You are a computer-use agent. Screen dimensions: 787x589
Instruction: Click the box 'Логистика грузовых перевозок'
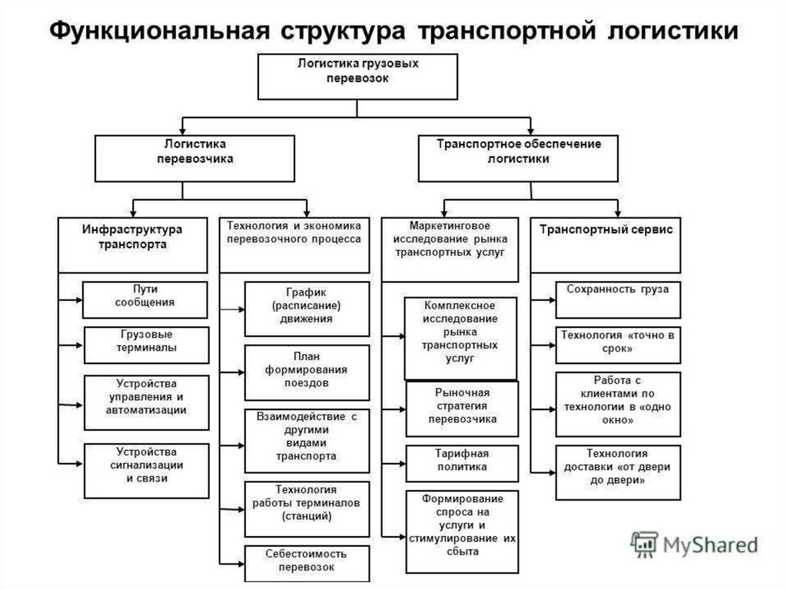357,77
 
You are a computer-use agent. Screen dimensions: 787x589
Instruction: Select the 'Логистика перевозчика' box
194,158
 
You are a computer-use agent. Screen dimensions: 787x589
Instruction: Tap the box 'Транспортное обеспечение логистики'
518,158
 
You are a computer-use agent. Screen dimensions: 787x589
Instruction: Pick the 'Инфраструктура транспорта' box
132,245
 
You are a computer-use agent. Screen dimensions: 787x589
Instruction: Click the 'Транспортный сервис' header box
606,245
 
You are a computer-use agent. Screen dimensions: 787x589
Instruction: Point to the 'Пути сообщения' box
144,299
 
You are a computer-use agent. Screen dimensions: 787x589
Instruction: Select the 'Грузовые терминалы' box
146,345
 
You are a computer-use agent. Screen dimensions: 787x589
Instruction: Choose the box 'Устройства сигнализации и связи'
146,471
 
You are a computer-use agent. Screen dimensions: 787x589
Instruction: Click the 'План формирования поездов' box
307,372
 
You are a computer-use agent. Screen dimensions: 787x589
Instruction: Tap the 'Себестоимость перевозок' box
307,564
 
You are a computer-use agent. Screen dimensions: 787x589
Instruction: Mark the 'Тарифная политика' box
462,464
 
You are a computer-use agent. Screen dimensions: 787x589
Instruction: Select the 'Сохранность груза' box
618,299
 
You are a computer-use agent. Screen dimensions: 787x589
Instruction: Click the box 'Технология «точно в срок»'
618,345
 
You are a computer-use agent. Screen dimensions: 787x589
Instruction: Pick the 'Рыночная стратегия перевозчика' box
462,409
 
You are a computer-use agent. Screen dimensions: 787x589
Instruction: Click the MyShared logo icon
645,544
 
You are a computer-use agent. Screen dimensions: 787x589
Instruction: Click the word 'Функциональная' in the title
159,30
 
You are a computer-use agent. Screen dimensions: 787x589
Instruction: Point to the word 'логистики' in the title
673,30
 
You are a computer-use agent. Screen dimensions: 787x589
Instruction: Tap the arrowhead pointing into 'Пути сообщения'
79,300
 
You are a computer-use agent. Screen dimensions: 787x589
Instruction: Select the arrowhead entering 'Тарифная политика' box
402,464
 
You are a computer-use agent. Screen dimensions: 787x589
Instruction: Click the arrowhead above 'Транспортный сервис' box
617,213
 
